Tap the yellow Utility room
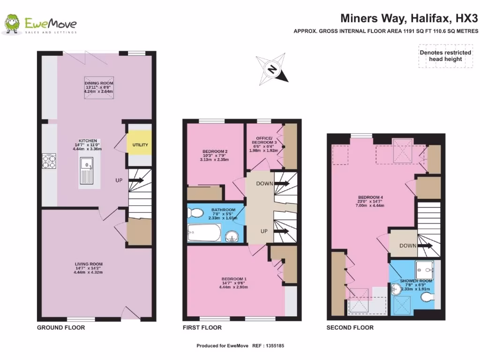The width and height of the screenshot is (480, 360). tap(140, 145)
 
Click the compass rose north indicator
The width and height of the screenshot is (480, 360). tap(272, 69)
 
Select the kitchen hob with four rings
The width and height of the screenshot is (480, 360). tap(49, 162)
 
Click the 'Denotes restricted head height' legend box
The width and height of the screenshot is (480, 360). tap(445, 56)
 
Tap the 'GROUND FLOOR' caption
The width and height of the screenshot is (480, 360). tap(61, 328)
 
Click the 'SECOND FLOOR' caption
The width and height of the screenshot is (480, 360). tap(350, 328)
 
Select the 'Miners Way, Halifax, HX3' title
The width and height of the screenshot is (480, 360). tap(409, 18)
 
